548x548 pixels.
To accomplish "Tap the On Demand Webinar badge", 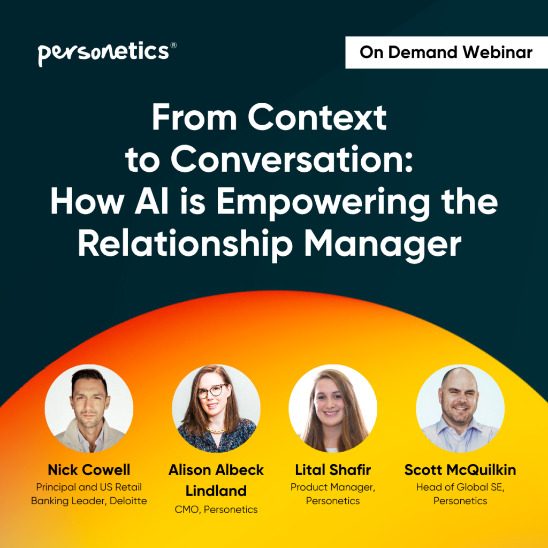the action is (446, 52).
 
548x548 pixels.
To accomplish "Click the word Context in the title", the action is (317, 117).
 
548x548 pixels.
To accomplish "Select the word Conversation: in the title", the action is (292, 159).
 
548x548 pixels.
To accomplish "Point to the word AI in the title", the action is (151, 201).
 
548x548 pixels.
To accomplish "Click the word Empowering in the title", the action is (323, 203).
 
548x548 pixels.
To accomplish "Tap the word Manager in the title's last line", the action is (383, 245).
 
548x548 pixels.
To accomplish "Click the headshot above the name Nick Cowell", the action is (89, 408).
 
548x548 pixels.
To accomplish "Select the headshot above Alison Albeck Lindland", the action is (216, 408).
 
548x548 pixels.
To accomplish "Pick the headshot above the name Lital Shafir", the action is (333, 408).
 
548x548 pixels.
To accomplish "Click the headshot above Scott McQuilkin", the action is (460, 408).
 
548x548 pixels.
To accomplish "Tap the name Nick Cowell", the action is (89, 470).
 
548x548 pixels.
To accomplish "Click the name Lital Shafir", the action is (333, 470).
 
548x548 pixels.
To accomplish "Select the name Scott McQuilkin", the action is (460, 470).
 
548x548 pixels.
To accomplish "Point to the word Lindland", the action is (216, 491).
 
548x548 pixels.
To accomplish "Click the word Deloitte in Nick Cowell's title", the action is (128, 501).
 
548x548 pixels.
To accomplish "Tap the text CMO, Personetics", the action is (216, 509).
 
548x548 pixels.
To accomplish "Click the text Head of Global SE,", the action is (460, 487).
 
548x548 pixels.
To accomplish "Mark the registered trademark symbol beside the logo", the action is (173, 45).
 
